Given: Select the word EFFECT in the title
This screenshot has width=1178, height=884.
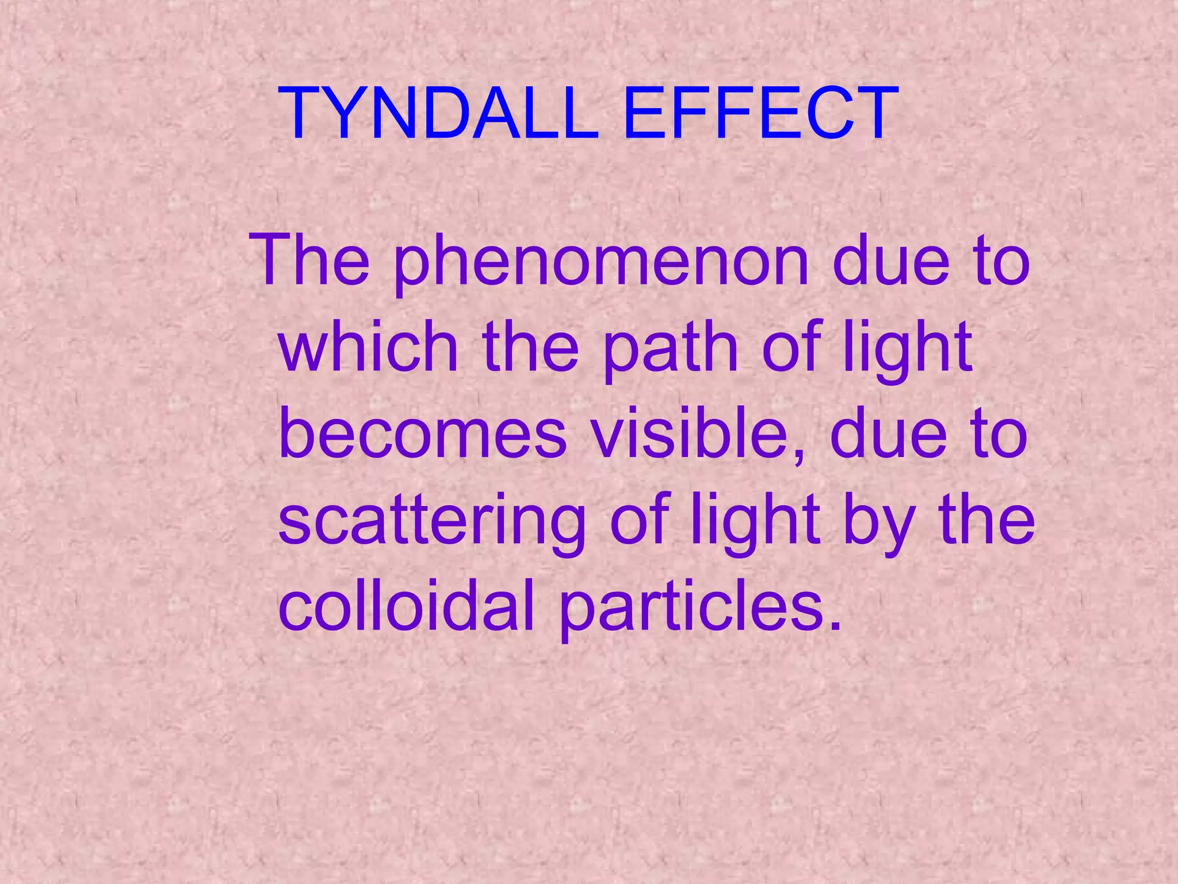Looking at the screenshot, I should [x=760, y=114].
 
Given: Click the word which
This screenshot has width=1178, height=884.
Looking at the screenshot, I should [x=368, y=348].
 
